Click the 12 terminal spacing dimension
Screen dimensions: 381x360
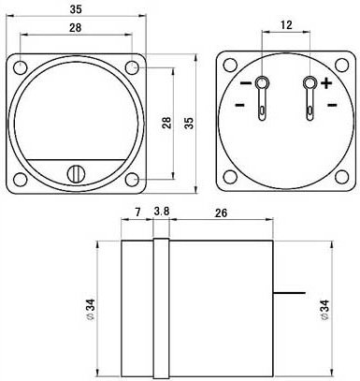pyautogui.click(x=287, y=24)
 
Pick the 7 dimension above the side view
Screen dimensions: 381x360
pyautogui.click(x=137, y=214)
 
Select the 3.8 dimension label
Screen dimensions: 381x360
pyautogui.click(x=161, y=214)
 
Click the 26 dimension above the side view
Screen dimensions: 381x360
pyautogui.click(x=220, y=214)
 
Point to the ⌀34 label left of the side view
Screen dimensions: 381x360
pyautogui.click(x=90, y=308)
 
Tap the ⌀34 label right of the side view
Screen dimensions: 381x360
pyautogui.click(x=324, y=308)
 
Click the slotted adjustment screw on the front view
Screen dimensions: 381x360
pyautogui.click(x=75, y=173)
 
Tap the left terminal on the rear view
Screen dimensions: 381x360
pyautogui.click(x=262, y=86)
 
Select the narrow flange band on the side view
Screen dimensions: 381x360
pyautogui.click(x=160, y=308)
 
